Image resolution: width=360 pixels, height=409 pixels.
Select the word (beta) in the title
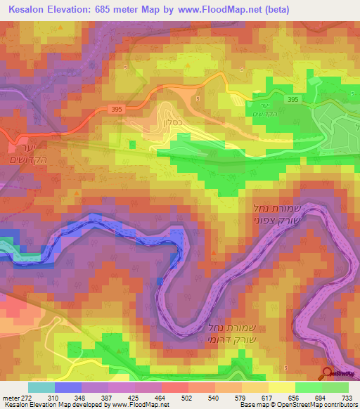point(274,9)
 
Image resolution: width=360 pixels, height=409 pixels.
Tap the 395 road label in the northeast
point(293,100)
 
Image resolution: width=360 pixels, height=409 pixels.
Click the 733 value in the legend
point(346,397)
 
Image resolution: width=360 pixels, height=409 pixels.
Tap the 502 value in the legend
point(188,397)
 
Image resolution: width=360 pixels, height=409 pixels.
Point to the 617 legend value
point(267,397)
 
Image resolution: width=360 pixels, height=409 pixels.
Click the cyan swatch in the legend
point(41,387)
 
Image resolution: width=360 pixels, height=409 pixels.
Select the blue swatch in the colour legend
point(67,387)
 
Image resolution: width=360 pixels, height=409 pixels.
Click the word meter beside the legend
point(12,397)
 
